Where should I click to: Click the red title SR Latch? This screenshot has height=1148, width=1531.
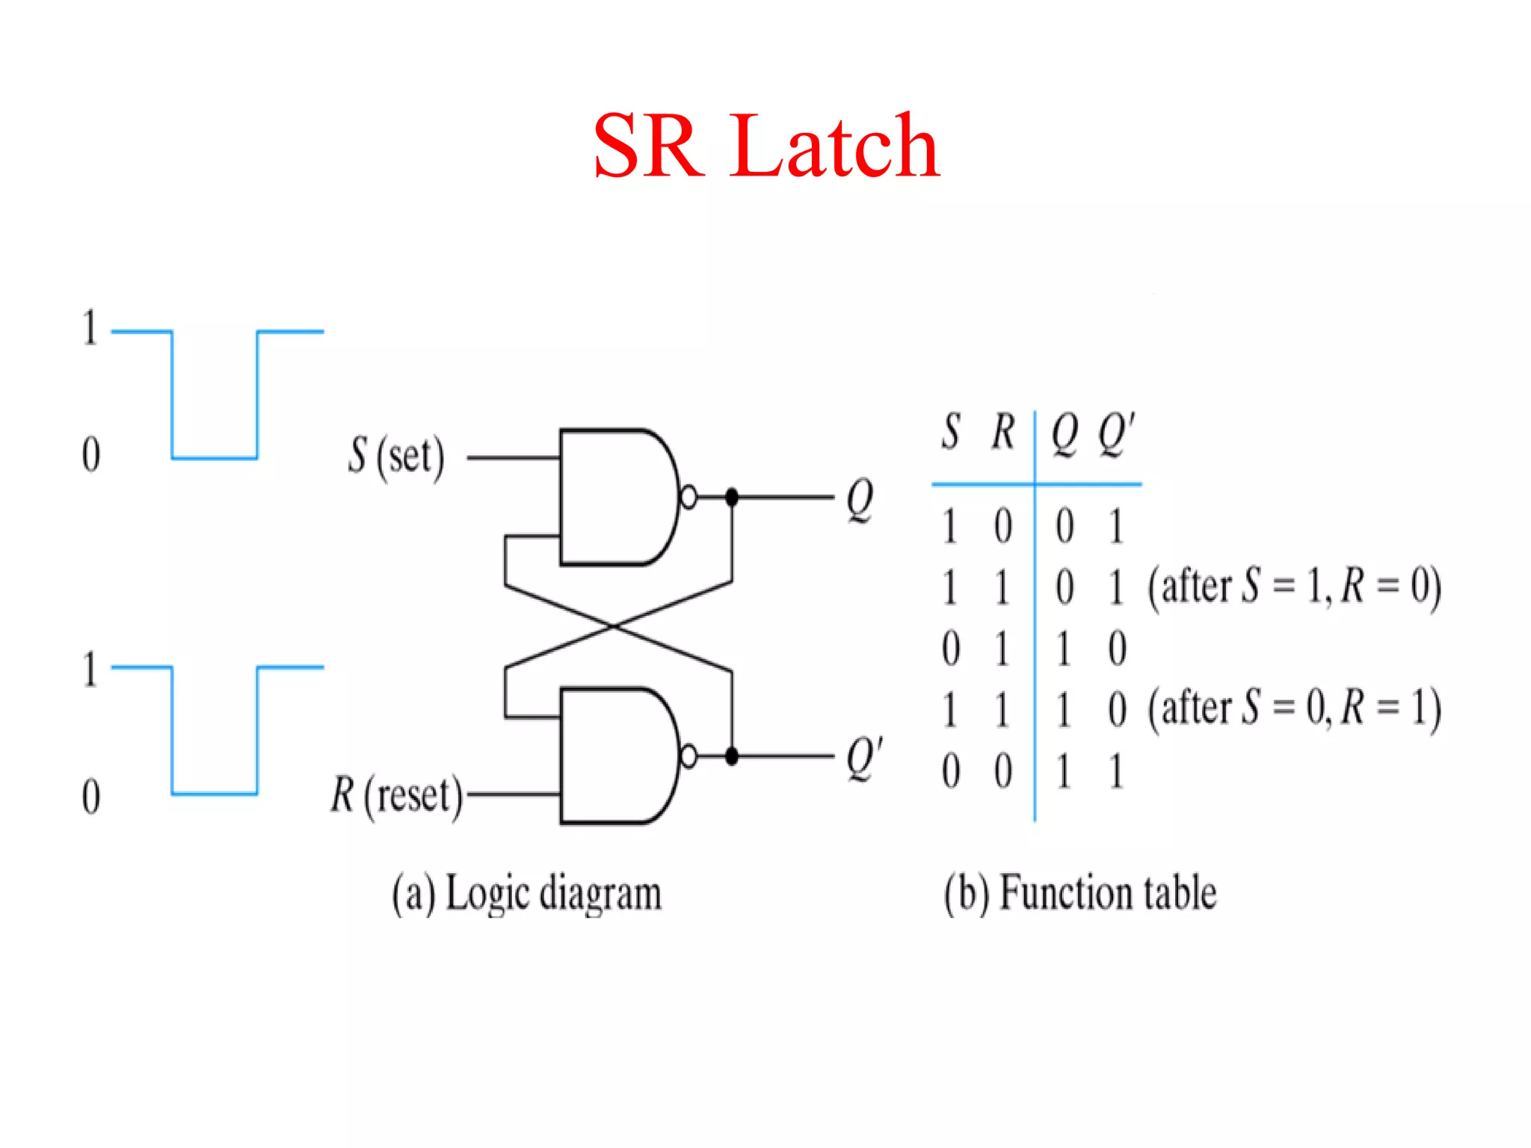[x=765, y=146]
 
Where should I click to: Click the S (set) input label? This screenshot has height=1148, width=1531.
[x=396, y=456]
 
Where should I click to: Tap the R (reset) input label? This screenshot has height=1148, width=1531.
[x=396, y=794]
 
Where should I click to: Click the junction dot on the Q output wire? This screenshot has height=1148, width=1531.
[x=732, y=496]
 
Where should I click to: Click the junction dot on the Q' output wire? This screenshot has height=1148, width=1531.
[x=732, y=756]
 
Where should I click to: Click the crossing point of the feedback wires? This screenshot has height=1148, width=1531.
[x=614, y=626]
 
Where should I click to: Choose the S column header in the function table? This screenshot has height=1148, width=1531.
[x=950, y=432]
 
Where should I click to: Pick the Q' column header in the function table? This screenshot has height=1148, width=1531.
[x=1116, y=433]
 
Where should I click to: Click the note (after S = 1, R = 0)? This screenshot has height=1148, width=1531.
[x=1294, y=587]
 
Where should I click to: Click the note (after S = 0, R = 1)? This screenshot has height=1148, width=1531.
[x=1294, y=709]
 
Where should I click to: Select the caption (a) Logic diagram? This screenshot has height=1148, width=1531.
[x=527, y=894]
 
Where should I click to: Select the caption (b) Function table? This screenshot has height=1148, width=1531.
[x=1079, y=894]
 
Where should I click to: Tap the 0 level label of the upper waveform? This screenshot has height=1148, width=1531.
[x=90, y=454]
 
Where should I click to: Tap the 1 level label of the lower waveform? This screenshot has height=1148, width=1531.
[x=90, y=669]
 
